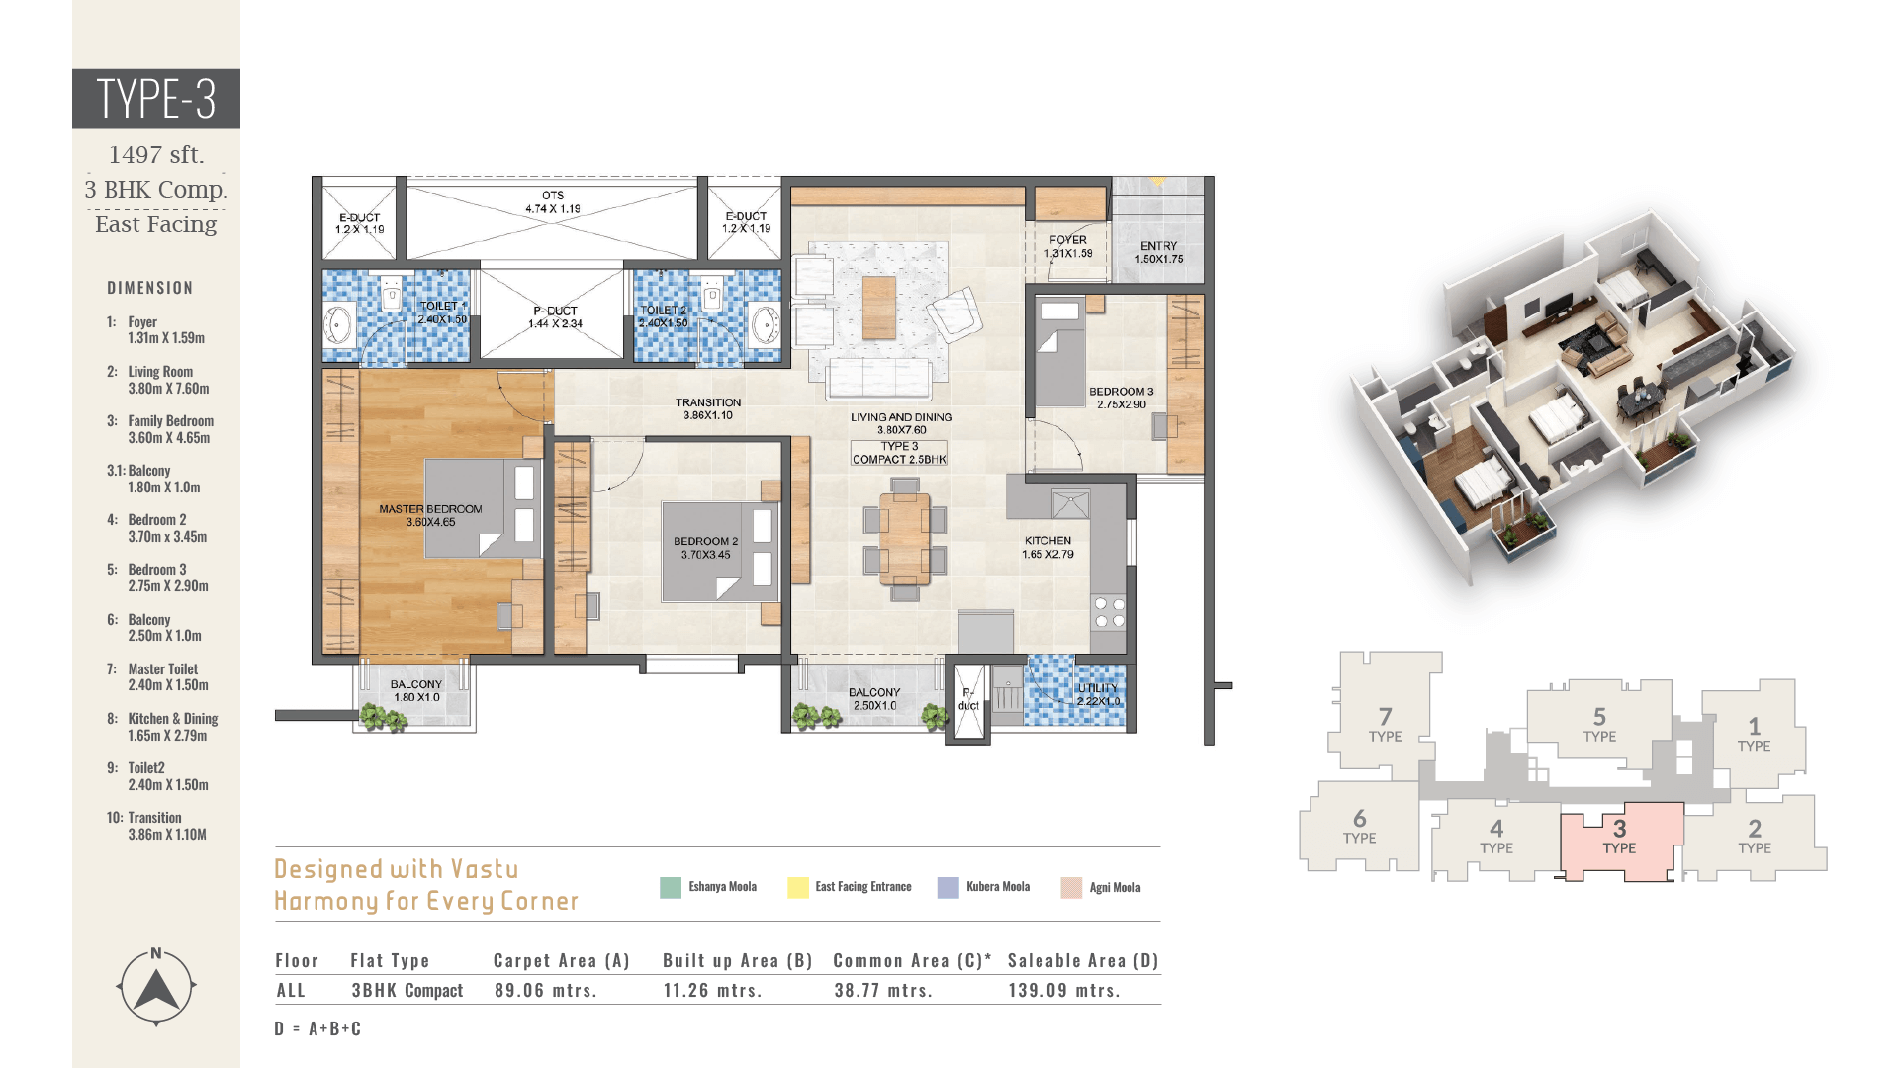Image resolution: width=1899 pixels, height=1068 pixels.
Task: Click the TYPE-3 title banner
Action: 156,98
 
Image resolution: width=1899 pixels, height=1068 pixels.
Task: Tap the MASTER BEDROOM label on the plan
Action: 430,509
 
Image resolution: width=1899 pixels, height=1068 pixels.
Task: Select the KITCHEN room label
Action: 1047,541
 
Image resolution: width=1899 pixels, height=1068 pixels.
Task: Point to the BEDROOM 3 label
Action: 1122,392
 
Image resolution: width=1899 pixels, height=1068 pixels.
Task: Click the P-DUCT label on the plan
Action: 555,311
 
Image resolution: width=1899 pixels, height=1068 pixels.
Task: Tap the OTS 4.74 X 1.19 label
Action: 553,202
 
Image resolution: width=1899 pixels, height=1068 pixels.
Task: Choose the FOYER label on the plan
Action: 1068,240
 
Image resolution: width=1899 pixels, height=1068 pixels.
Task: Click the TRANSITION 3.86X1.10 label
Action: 708,408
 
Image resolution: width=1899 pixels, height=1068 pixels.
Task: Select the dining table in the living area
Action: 905,540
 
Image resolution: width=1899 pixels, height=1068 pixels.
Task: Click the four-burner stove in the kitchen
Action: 1109,612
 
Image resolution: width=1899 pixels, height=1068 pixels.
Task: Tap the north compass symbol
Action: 156,987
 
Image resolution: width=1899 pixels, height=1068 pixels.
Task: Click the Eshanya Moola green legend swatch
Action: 671,887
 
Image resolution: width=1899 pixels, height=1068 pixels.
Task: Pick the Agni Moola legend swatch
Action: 1071,887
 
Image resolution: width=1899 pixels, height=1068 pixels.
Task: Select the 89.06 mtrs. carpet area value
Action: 546,990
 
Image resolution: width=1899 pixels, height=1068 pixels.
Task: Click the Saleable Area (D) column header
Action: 1083,960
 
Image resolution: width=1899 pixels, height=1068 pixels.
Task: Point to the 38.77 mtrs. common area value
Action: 883,990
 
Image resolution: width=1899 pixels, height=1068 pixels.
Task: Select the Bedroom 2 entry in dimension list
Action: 157,528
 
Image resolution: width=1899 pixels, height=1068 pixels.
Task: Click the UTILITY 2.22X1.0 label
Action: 1098,694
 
